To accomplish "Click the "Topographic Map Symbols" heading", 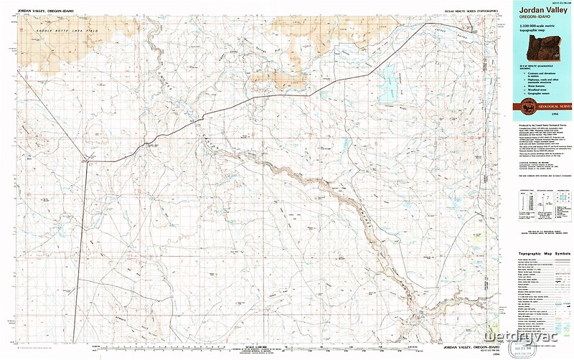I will coord(543,254).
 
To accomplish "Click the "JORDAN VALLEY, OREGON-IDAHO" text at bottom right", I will coord(466,347).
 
